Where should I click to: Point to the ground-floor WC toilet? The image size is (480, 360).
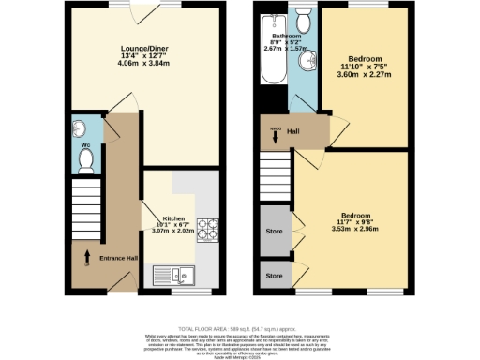coord(85,161)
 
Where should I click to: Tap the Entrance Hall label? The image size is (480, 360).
coord(118,257)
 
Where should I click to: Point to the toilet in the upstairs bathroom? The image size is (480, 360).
coord(303,22)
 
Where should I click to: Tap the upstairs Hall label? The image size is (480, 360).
coord(292,132)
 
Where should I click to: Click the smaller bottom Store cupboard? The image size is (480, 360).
coord(274,276)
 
